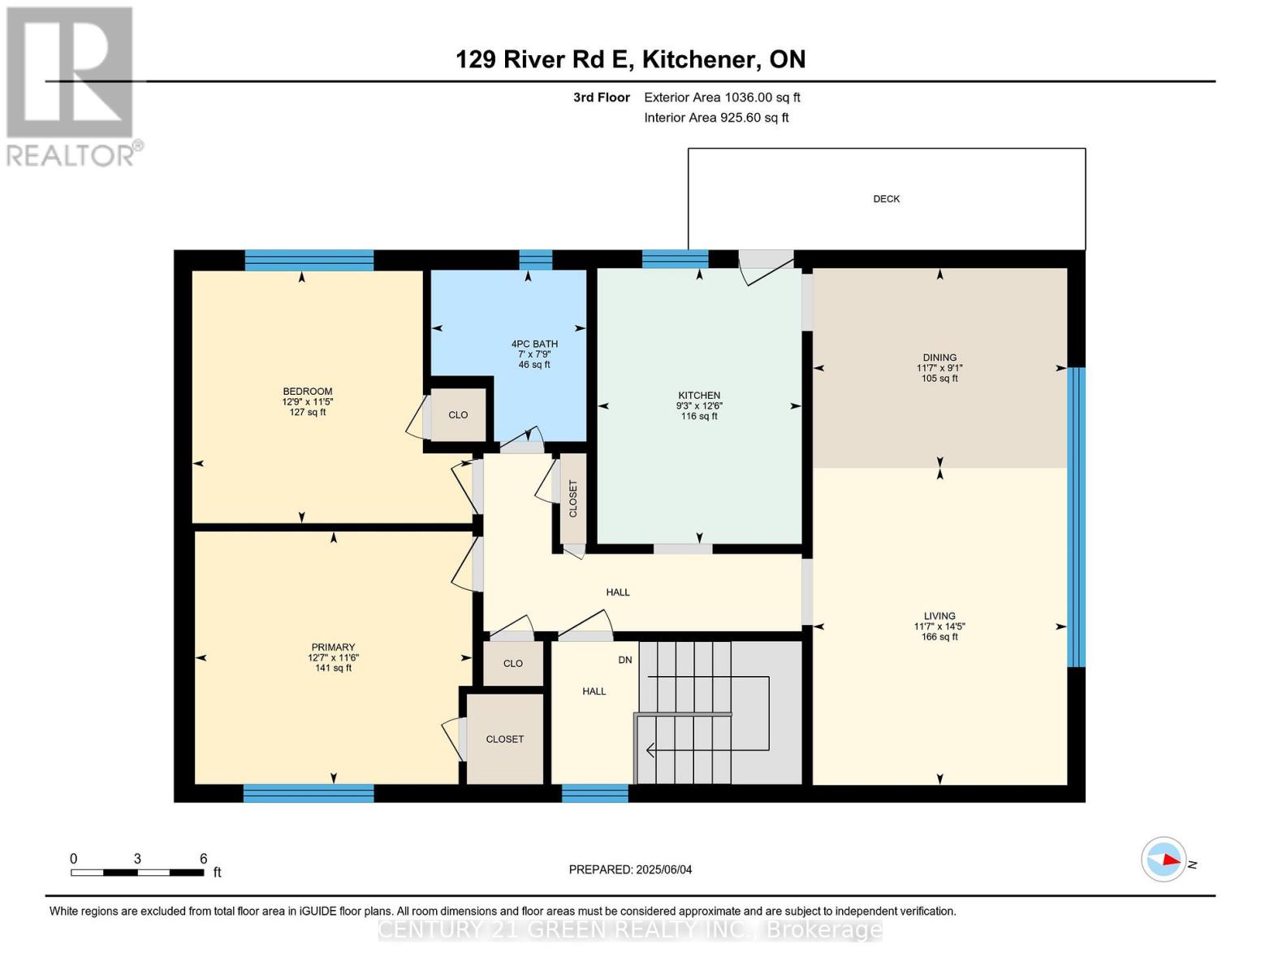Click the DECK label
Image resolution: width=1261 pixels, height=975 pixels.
tap(886, 199)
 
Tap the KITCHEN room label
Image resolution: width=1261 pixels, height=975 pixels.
tap(698, 396)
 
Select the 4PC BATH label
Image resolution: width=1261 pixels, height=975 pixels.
tap(534, 344)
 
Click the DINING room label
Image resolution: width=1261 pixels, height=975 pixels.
tap(939, 357)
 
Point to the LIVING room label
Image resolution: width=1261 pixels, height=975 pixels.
tap(939, 616)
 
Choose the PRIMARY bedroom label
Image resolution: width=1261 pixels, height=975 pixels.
tap(333, 648)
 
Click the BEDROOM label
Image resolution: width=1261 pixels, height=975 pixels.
tap(308, 392)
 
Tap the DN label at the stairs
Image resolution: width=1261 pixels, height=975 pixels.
tap(625, 660)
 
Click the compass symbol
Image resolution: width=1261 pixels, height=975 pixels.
tap(1164, 860)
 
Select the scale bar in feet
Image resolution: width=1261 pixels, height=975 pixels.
tap(137, 872)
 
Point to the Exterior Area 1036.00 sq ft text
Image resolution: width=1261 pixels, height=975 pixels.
tap(722, 97)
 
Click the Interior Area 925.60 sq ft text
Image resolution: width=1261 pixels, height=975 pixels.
tap(716, 118)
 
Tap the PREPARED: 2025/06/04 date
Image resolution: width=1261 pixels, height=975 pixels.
tap(630, 869)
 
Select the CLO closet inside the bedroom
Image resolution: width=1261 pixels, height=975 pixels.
tap(458, 415)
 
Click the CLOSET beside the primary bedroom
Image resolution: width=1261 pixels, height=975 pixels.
tap(504, 739)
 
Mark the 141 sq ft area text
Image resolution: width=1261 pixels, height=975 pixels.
tap(333, 669)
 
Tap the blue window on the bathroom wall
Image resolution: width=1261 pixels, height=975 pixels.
tap(535, 259)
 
